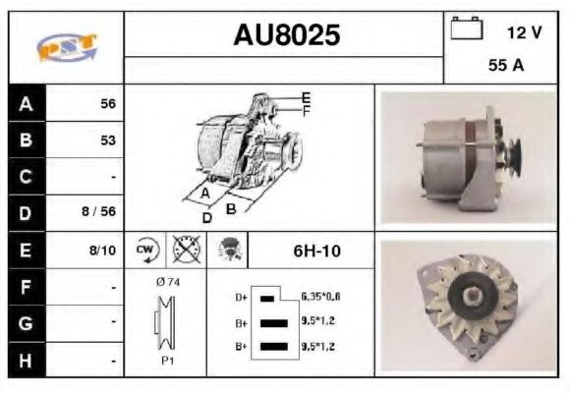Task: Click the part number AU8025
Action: pos(286,35)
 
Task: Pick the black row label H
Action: pos(26,361)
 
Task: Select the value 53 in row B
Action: pos(108,140)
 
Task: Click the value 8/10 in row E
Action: pos(102,252)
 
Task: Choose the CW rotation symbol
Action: pos(145,252)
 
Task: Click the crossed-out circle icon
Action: pos(184,252)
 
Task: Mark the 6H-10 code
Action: pos(315,252)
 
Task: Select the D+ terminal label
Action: pos(241,296)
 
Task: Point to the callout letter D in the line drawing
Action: pos(207,217)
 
